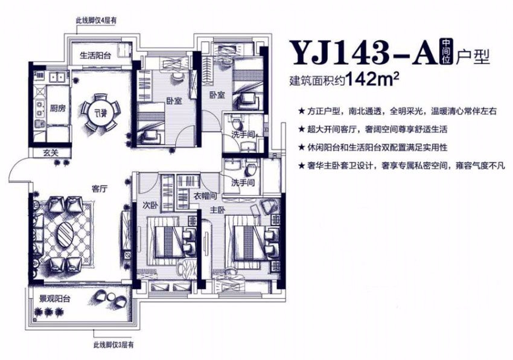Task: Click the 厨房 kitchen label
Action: (x=58, y=108)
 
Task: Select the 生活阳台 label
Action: (x=95, y=55)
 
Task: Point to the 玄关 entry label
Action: (x=51, y=152)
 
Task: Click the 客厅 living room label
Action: (x=100, y=189)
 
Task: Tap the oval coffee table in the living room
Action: (x=66, y=234)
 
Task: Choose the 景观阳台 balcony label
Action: (x=55, y=298)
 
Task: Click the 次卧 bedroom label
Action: (x=150, y=205)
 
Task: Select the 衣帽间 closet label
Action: (x=205, y=196)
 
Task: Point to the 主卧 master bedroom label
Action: (x=217, y=210)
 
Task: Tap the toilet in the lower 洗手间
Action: (x=251, y=170)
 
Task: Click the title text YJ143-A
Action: (x=363, y=53)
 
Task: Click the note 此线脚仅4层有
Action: (x=96, y=21)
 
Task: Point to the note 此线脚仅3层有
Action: (x=113, y=345)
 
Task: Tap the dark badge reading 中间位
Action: (x=445, y=53)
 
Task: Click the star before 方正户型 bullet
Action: (x=301, y=111)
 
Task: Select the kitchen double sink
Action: (x=57, y=77)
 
